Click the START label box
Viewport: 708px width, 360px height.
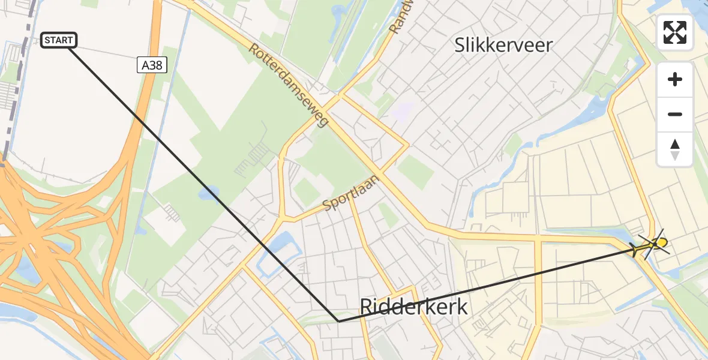(59, 40)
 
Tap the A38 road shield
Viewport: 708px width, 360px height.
(151, 65)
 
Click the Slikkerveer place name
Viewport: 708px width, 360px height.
(503, 44)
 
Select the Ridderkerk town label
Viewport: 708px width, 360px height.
(413, 307)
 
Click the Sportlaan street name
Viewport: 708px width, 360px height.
(351, 194)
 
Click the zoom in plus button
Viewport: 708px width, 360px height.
(675, 79)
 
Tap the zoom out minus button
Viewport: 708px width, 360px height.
(675, 114)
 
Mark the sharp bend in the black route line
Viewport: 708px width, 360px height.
(338, 321)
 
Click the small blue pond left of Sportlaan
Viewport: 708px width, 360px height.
(209, 193)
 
